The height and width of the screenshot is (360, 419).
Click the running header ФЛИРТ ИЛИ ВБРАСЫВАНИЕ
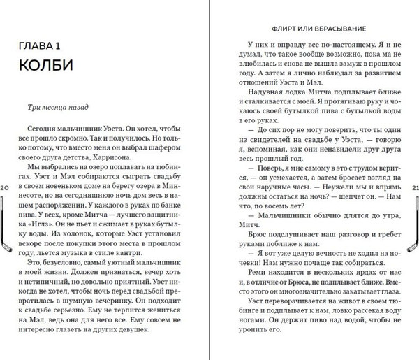click(x=312, y=29)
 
